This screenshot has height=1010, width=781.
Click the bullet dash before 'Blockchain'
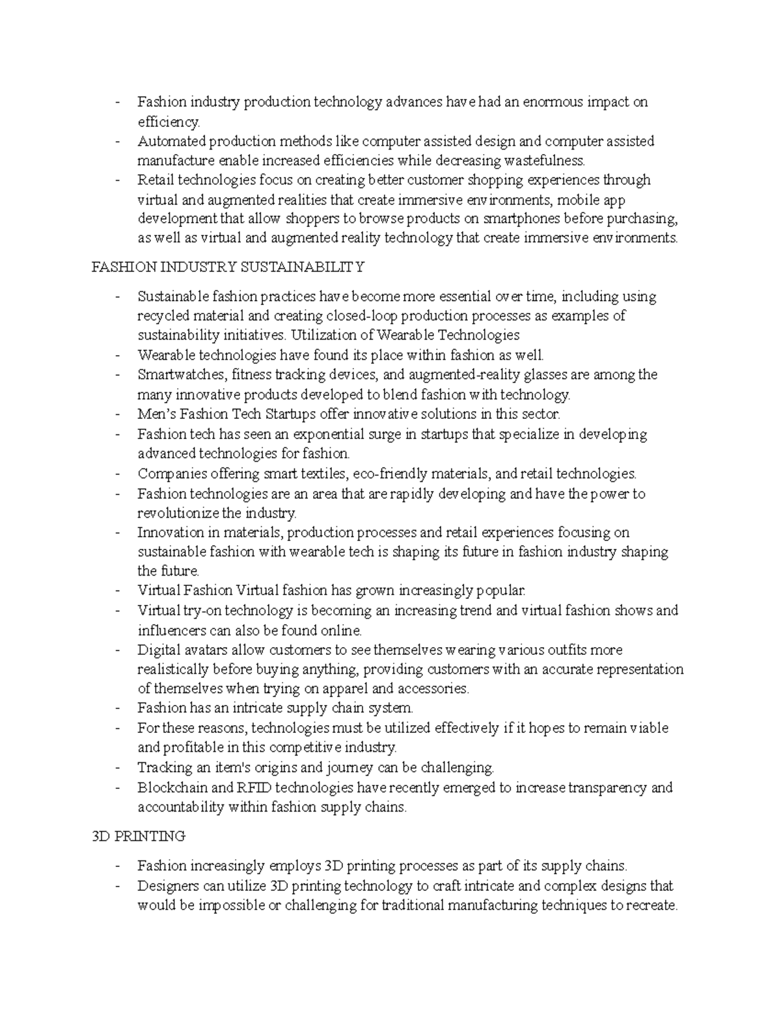(x=117, y=788)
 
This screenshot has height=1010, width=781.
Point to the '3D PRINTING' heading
(x=139, y=836)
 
